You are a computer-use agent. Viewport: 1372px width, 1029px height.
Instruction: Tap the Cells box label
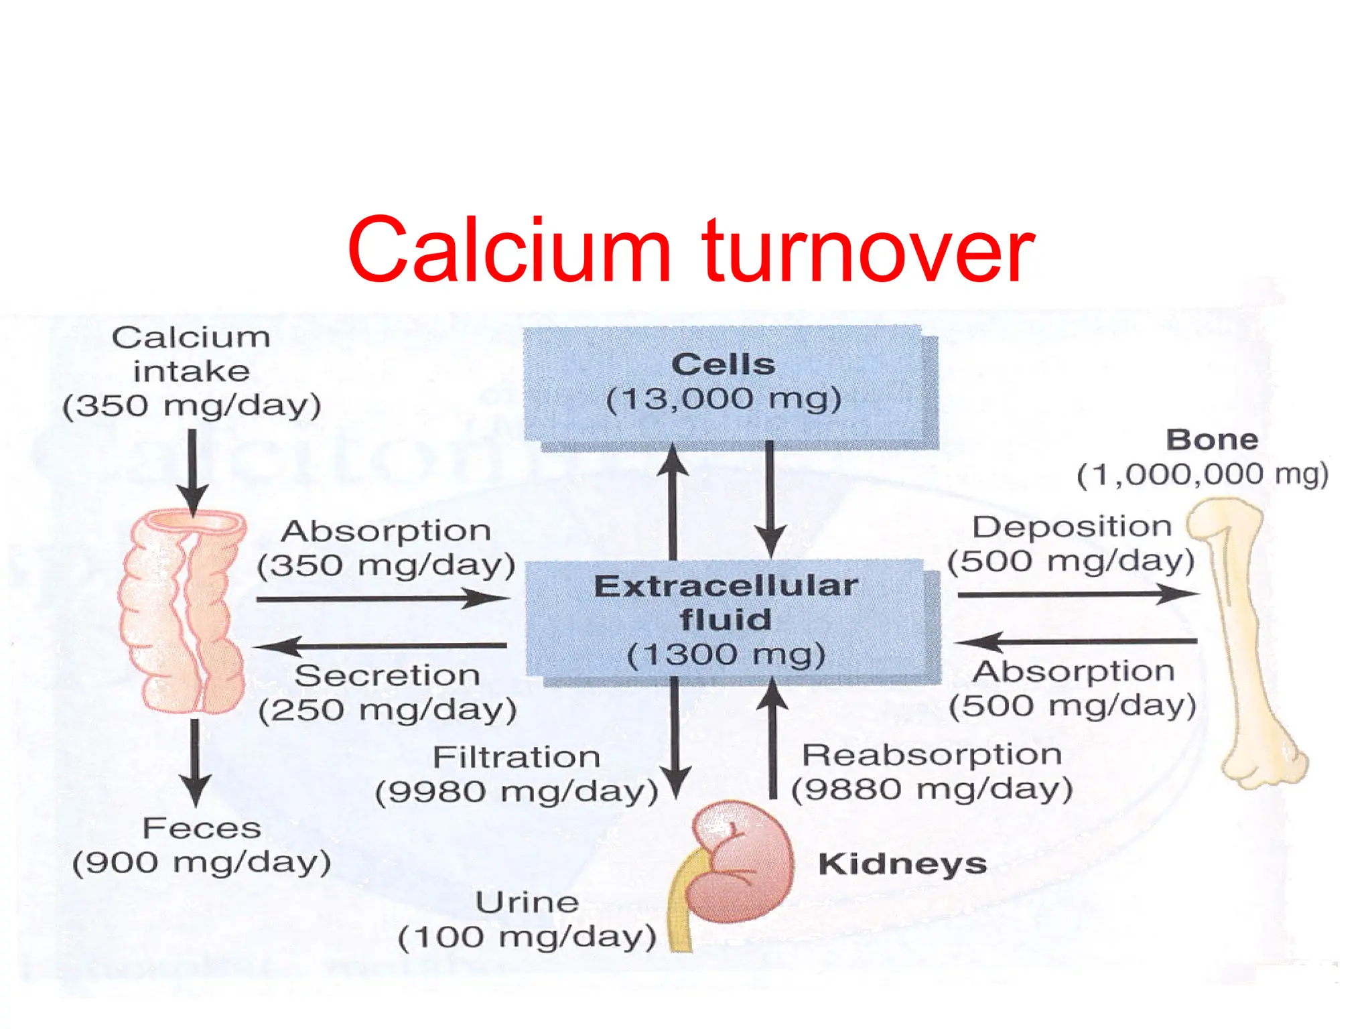[724, 364]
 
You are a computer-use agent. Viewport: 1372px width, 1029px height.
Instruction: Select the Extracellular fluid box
[727, 620]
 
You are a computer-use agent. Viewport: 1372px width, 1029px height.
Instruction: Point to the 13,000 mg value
[724, 400]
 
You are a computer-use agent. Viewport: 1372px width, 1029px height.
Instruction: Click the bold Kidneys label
[902, 864]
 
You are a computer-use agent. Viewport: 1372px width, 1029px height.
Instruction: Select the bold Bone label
[1212, 440]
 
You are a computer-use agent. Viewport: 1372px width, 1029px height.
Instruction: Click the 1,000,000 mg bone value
[1203, 474]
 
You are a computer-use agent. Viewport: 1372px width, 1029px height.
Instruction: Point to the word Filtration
[516, 758]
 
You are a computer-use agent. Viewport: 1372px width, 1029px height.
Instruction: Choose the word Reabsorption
[932, 755]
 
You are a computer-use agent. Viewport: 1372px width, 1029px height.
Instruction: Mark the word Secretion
[387, 675]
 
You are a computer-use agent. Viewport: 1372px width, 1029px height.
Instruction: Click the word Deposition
[1072, 527]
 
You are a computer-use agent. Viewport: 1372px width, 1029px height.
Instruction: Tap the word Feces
[202, 829]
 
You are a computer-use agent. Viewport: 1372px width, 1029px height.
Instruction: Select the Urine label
[527, 902]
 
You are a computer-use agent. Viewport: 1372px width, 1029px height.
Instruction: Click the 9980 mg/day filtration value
[516, 793]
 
